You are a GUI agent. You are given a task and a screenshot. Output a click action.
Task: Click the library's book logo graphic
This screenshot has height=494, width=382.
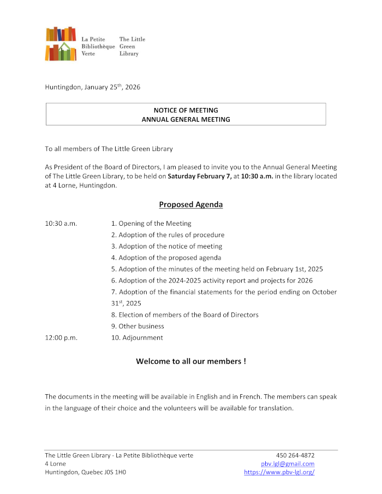[x=61, y=44]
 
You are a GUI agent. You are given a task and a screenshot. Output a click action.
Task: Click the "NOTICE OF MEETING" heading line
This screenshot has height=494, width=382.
[x=186, y=110]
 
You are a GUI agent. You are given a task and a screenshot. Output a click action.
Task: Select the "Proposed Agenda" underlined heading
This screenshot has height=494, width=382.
[x=191, y=204]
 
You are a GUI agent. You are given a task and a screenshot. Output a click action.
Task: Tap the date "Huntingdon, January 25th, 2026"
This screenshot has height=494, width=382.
[x=93, y=87]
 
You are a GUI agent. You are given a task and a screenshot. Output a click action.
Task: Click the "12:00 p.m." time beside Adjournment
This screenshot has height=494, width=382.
[x=61, y=338]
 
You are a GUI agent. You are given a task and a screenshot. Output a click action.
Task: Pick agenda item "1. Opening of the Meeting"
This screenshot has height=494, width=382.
[x=151, y=223]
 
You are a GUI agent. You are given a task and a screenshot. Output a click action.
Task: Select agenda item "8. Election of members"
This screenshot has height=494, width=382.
[x=184, y=315]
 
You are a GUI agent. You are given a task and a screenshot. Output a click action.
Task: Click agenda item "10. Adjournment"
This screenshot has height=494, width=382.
[x=137, y=338]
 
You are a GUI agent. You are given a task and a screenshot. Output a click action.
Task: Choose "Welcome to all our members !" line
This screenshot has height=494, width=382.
[x=191, y=361]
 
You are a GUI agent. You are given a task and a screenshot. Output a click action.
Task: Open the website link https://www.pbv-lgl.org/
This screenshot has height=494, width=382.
[x=279, y=472]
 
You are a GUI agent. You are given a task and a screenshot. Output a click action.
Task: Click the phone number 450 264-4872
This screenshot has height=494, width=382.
[x=295, y=455]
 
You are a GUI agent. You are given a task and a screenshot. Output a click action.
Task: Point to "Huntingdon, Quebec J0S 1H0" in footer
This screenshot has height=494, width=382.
[x=85, y=472]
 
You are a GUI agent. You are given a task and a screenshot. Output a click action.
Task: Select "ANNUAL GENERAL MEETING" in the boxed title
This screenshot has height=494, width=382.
[x=186, y=119]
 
